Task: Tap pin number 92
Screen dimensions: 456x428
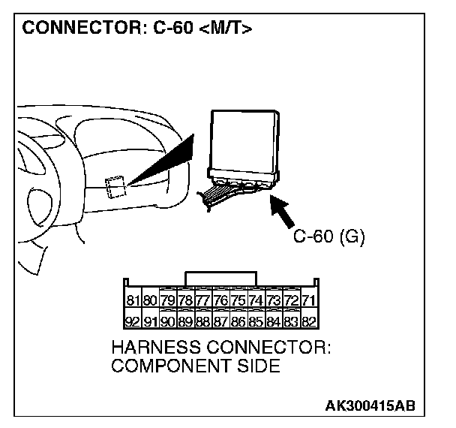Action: pos(133,321)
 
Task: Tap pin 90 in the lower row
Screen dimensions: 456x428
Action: pos(168,321)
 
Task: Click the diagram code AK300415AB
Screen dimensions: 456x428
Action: pos(369,405)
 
